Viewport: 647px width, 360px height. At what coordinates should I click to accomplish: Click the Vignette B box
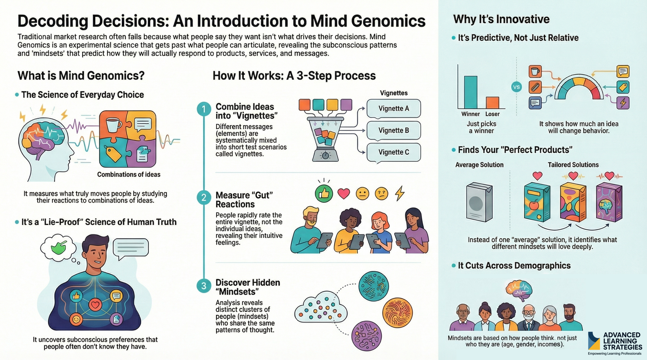click(393, 130)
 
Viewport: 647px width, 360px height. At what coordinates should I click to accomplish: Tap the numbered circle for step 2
click(204, 198)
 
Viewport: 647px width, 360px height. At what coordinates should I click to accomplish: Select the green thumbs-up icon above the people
click(323, 194)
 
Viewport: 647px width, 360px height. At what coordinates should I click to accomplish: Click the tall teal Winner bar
click(471, 92)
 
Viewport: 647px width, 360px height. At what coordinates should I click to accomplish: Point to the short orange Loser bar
click(493, 102)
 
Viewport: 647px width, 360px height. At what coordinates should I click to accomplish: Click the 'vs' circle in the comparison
click(516, 87)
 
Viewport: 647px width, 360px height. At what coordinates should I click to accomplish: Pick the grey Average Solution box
click(479, 202)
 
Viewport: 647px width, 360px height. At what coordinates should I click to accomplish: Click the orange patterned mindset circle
click(397, 313)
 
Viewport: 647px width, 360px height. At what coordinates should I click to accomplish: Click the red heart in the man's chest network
click(95, 304)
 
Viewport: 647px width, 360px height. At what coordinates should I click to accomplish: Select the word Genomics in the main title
click(388, 21)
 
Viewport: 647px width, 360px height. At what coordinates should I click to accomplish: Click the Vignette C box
click(393, 152)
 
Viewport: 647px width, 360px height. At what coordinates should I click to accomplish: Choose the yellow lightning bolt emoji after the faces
click(400, 193)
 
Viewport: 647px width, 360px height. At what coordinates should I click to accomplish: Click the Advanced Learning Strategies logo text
click(621, 341)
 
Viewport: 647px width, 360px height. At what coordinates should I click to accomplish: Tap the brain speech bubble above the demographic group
click(519, 290)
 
